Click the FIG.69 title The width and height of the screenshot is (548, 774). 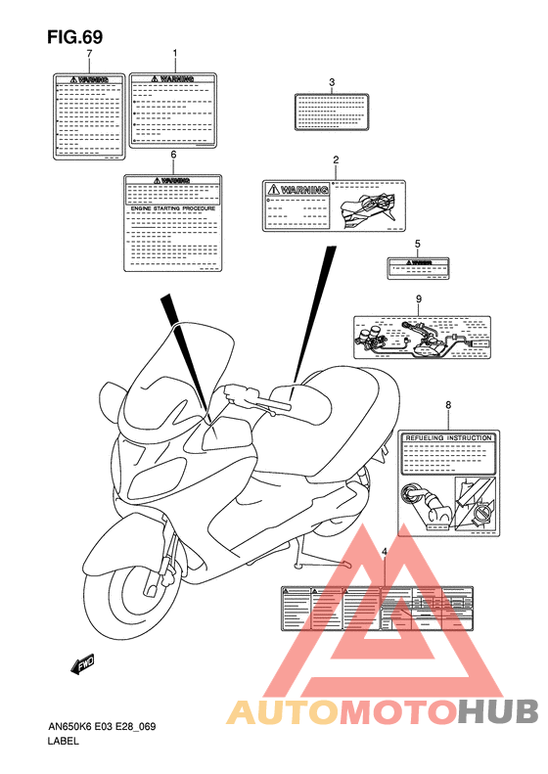74,36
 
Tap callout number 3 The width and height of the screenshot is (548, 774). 332,82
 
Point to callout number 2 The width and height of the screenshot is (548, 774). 336,159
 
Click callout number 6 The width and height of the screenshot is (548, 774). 173,155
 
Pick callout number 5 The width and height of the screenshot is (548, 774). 417,244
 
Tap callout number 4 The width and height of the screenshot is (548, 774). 385,553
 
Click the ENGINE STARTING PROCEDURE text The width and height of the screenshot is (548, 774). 173,208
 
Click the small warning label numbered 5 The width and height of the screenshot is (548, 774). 418,264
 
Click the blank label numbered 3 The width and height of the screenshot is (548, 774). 332,111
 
